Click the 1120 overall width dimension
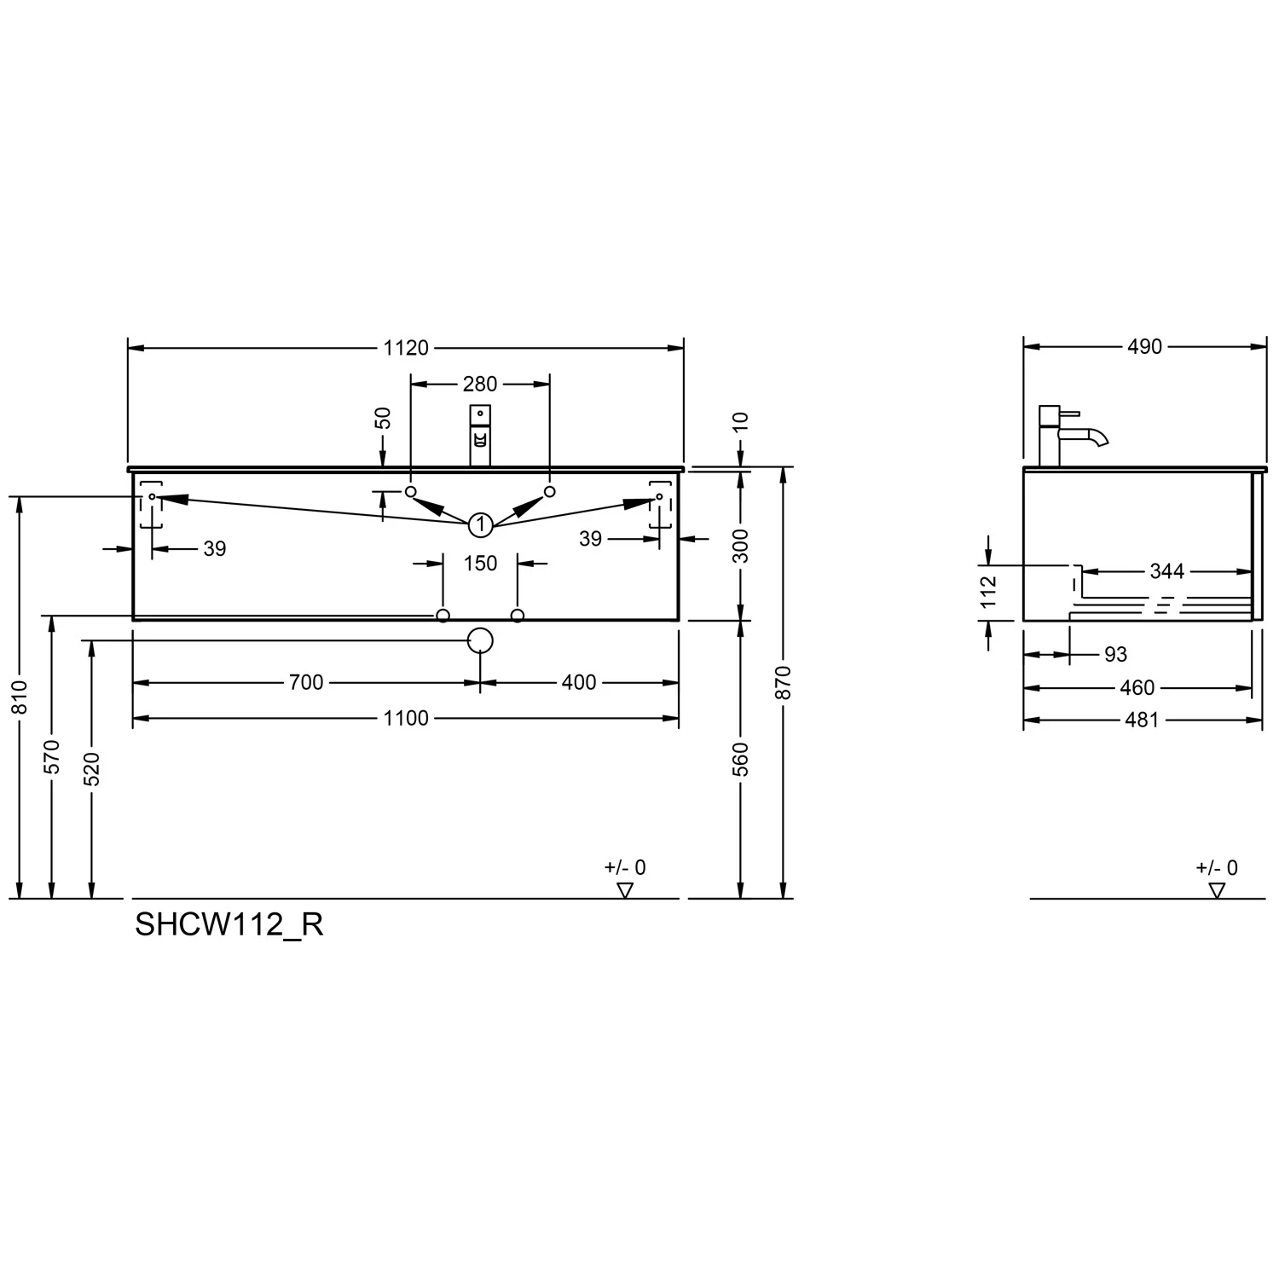406,348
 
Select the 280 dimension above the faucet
480,385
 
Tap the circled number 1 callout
481,524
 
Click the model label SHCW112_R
229,925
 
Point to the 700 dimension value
306,682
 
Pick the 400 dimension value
579,682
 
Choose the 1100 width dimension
406,719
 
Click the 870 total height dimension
784,682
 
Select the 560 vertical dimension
740,760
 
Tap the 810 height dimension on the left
20,697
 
